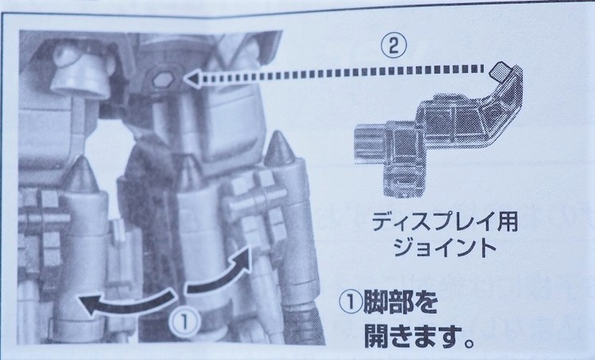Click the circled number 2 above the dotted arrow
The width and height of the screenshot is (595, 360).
(x=393, y=47)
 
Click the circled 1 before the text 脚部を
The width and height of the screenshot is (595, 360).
(x=351, y=302)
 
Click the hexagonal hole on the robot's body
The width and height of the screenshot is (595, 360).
(x=163, y=79)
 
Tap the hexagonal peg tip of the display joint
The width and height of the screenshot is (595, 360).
(x=499, y=71)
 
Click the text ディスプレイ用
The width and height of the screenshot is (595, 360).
(x=445, y=222)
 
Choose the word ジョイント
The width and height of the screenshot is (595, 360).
(x=445, y=248)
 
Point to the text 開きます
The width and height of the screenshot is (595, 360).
(x=413, y=335)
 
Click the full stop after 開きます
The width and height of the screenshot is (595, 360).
(x=470, y=343)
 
